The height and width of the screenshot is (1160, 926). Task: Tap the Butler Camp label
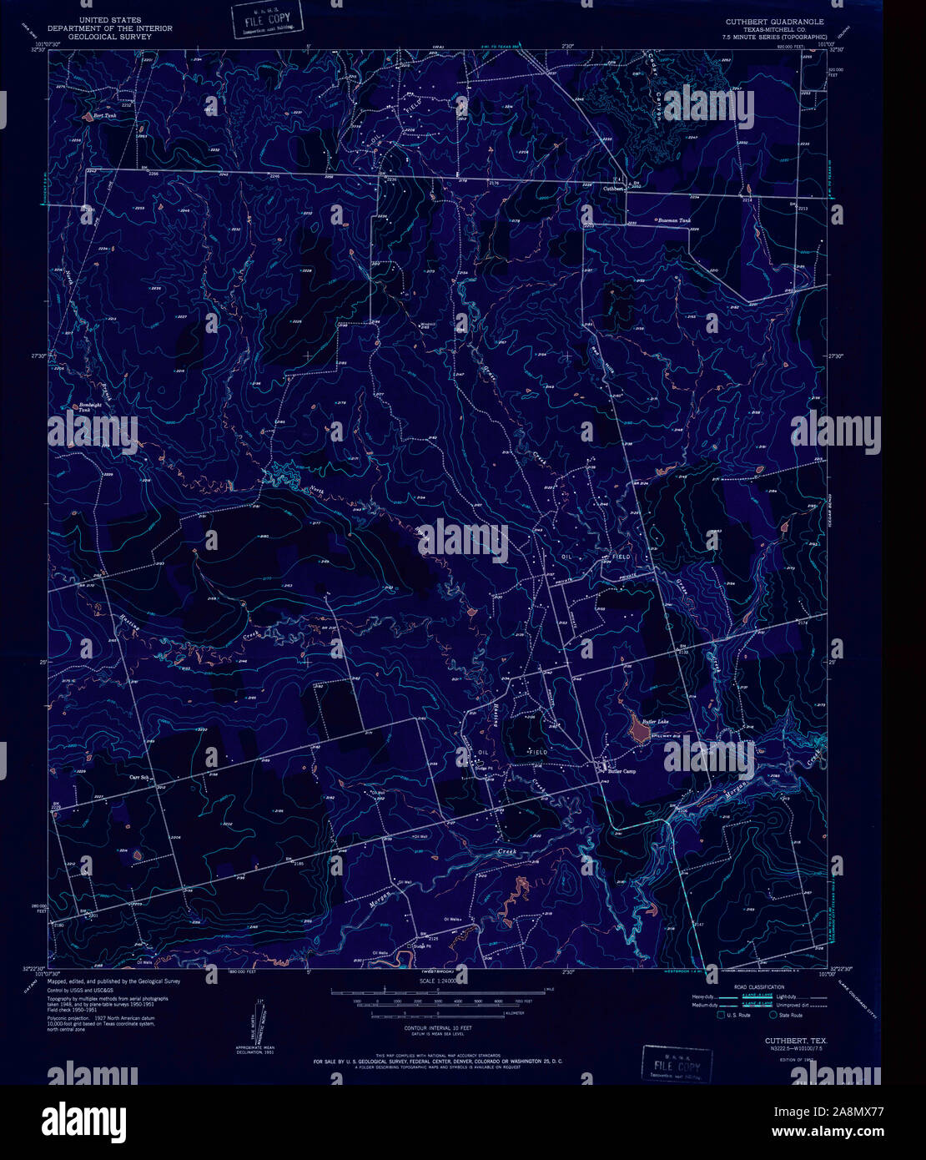click(x=622, y=771)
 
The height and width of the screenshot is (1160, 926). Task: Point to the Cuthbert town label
click(x=614, y=189)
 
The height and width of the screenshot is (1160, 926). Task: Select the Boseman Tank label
click(x=674, y=220)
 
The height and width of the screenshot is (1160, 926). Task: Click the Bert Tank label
click(x=104, y=116)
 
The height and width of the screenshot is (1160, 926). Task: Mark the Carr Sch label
click(x=138, y=776)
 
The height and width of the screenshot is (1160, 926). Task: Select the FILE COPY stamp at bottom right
click(x=677, y=1066)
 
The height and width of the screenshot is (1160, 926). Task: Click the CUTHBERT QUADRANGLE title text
click(x=777, y=22)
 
